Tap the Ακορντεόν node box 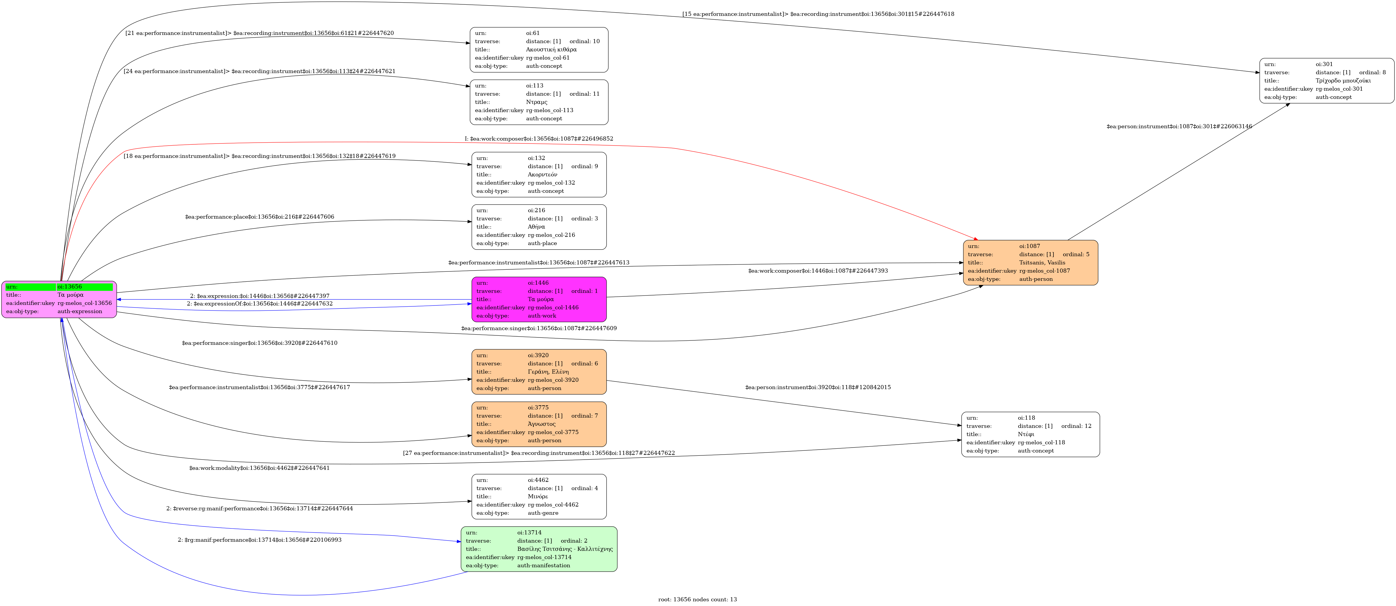pyautogui.click(x=539, y=174)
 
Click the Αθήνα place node pyautogui.click(x=539, y=227)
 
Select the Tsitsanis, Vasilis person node pyautogui.click(x=1030, y=263)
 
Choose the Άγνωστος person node pyautogui.click(x=539, y=424)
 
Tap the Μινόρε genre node pyautogui.click(x=539, y=497)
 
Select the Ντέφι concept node pyautogui.click(x=1030, y=434)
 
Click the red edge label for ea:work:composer pyautogui.click(x=539, y=139)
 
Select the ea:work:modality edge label pyautogui.click(x=259, y=468)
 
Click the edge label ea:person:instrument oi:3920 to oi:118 pyautogui.click(x=818, y=387)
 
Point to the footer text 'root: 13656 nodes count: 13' pyautogui.click(x=697, y=600)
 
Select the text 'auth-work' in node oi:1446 pyautogui.click(x=542, y=316)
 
